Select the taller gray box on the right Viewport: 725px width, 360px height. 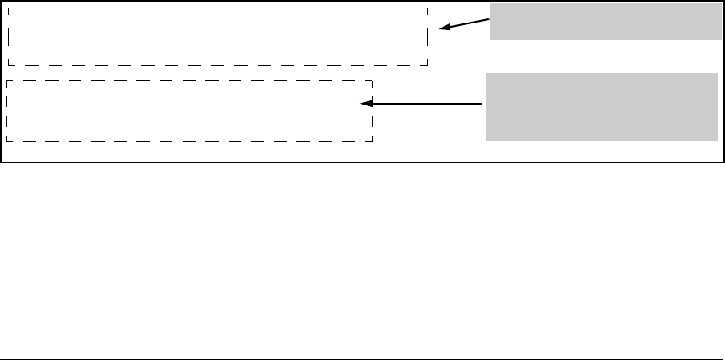(x=601, y=105)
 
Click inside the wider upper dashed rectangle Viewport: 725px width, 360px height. (x=218, y=37)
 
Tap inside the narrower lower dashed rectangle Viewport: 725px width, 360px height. (x=188, y=111)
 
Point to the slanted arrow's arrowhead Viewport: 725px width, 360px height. (x=440, y=29)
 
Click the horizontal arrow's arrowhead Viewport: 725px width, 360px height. (x=362, y=105)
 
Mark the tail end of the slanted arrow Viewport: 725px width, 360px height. (x=489, y=19)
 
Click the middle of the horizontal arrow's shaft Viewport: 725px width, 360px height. (x=423, y=105)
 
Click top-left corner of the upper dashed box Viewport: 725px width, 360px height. (x=8, y=9)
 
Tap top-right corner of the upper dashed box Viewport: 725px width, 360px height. (x=428, y=9)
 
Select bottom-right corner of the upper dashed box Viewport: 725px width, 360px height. (x=428, y=65)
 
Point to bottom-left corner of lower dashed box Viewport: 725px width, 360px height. (x=6, y=141)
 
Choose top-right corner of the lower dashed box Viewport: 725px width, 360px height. (x=372, y=81)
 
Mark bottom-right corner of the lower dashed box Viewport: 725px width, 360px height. (x=372, y=141)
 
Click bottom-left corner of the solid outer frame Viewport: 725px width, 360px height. (x=1, y=161)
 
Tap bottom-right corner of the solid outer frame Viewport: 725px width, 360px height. (x=723, y=161)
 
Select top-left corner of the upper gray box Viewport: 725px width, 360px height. (x=490, y=3)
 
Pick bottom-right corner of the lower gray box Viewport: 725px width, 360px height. (x=718, y=139)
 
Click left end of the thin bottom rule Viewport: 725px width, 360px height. (x=1, y=359)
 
